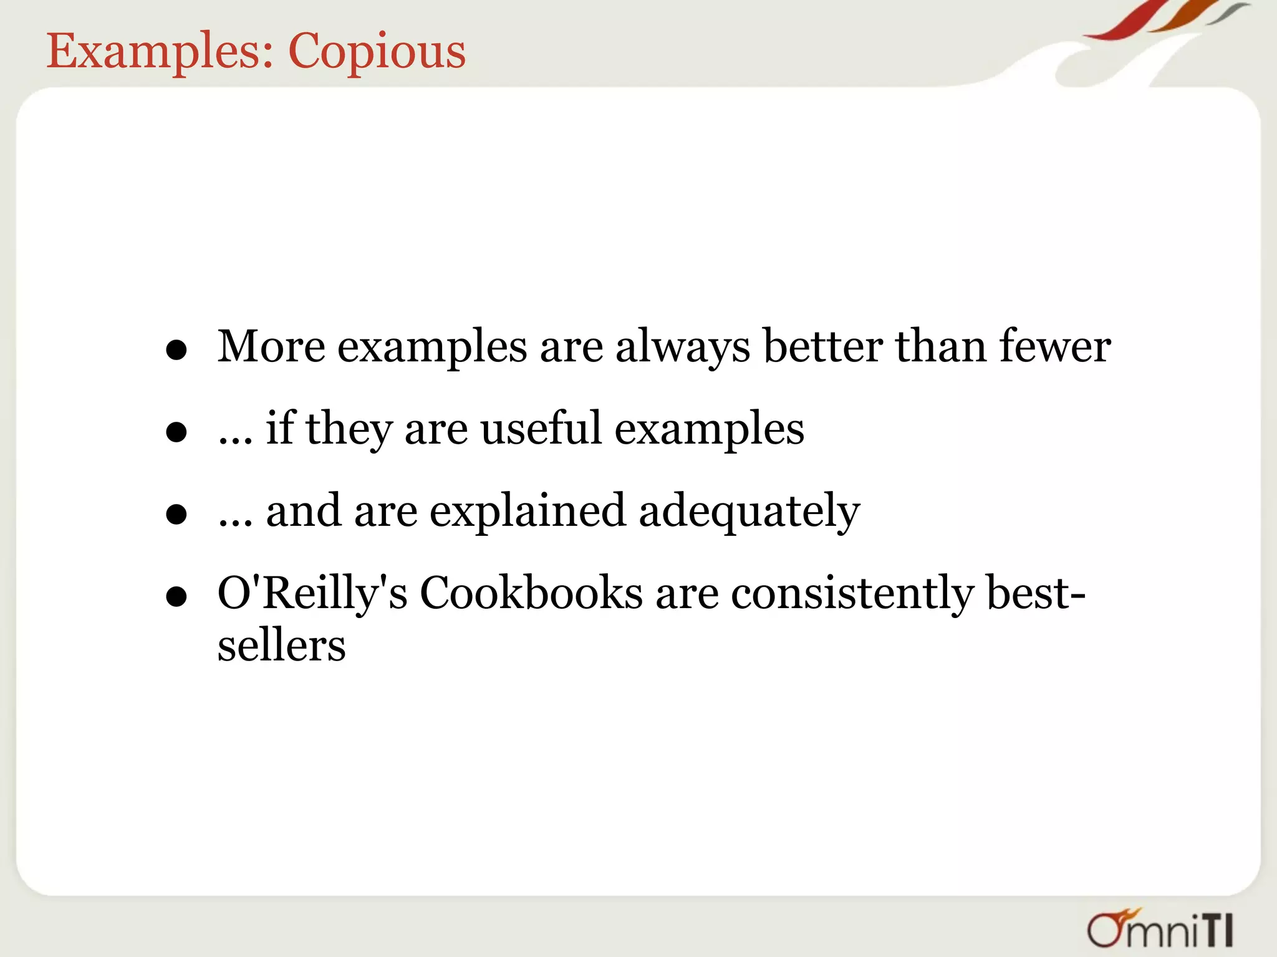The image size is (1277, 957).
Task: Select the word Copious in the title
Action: point(377,51)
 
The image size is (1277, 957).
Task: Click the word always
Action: point(683,348)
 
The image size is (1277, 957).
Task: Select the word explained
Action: point(528,512)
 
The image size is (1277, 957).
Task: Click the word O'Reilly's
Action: point(312,593)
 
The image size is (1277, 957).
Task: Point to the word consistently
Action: point(852,593)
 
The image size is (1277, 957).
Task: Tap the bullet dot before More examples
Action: point(177,350)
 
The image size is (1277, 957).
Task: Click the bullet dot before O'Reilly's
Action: point(177,597)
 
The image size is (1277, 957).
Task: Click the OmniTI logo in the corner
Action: point(1160,929)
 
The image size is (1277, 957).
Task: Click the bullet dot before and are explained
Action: point(177,515)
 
